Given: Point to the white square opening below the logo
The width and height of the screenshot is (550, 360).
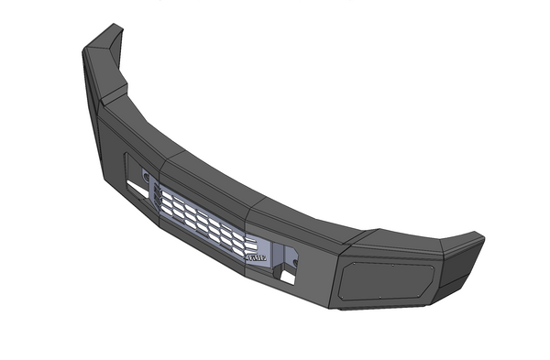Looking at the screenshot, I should pos(287,278).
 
